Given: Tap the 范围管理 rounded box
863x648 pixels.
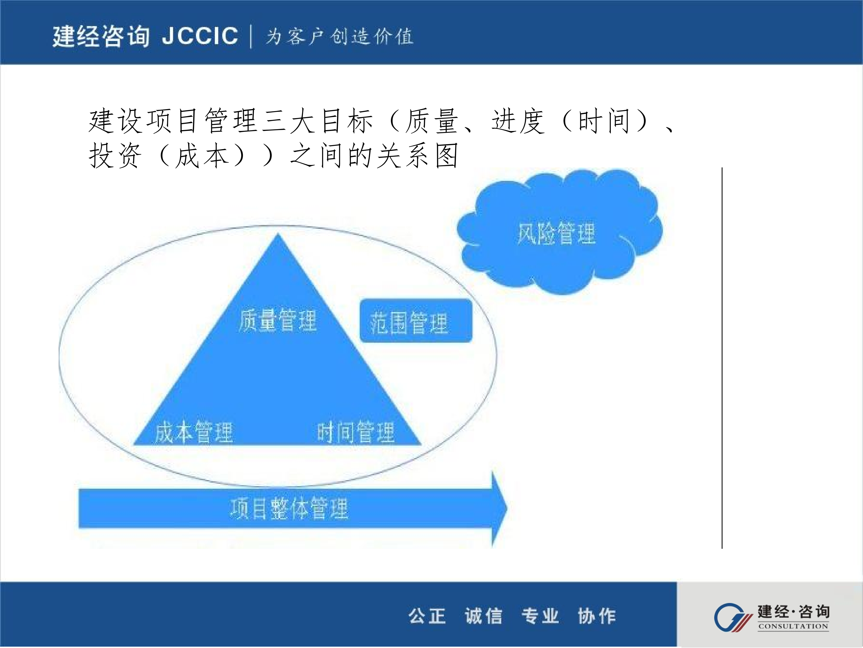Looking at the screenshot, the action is (x=416, y=321).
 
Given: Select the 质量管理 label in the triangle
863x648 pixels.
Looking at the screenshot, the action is (x=278, y=320).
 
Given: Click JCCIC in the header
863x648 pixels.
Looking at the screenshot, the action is (x=200, y=36).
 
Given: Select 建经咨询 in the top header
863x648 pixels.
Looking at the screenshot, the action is (x=101, y=36).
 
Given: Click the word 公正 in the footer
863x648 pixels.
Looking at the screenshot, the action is (x=427, y=616).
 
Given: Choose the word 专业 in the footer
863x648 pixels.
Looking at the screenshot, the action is (x=540, y=616).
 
